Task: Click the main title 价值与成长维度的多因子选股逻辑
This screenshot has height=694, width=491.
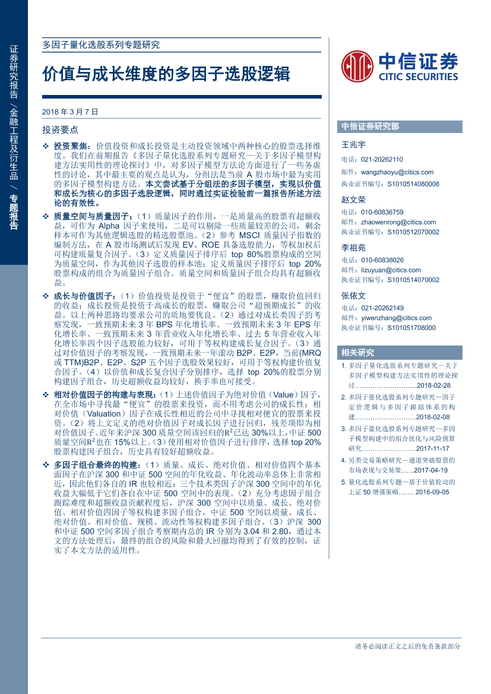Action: click(x=166, y=74)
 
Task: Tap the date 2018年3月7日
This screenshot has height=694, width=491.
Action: click(x=70, y=112)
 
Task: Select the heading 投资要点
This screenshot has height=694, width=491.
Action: click(x=60, y=129)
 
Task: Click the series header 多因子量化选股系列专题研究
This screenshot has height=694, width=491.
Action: click(x=101, y=45)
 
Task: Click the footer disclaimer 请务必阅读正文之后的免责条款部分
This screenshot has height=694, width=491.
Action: click(x=407, y=647)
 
